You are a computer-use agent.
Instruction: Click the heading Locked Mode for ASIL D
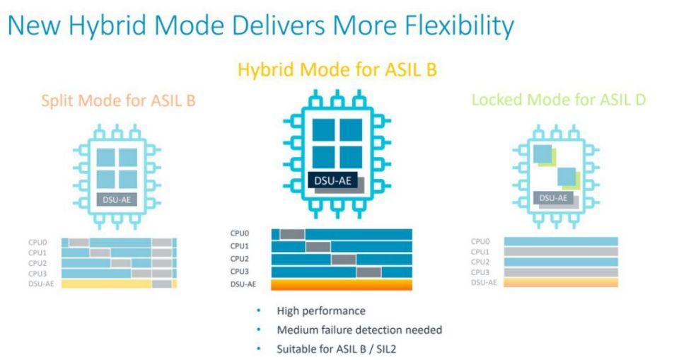coord(558,100)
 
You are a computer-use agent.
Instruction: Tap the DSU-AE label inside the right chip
coord(553,198)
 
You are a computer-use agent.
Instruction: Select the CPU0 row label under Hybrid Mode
coord(239,233)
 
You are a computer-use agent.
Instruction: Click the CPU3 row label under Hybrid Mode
coord(239,272)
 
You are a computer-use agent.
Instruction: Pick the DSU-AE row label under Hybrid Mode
coord(243,284)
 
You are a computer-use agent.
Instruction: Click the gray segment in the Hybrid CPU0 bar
coord(291,233)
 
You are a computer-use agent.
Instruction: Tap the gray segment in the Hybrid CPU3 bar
coord(368,272)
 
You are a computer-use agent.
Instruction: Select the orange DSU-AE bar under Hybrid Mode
coord(341,284)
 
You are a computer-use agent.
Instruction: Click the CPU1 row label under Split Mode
coord(37,252)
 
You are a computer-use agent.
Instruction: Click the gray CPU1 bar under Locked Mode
coord(561,251)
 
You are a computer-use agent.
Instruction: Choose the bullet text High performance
coord(311,310)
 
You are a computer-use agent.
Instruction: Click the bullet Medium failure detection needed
coord(359,330)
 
